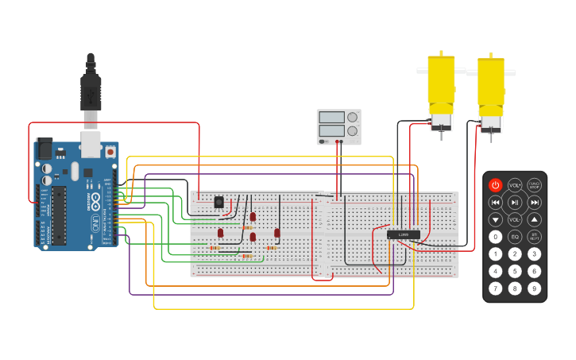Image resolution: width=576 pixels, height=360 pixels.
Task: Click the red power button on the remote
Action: tap(496, 185)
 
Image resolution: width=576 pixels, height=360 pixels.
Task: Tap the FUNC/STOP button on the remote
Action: tap(535, 185)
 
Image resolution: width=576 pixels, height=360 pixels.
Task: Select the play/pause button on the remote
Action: tap(515, 203)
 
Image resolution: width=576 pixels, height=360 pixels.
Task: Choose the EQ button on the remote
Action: tap(515, 237)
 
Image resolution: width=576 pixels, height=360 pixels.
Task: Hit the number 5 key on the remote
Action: tap(515, 271)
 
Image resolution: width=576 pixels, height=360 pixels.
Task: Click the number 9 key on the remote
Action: tap(535, 288)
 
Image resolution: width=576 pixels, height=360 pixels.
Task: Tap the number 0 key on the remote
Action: tap(496, 237)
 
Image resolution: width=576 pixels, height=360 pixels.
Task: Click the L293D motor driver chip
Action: tap(403, 234)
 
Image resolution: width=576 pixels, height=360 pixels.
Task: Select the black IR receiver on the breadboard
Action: tap(218, 203)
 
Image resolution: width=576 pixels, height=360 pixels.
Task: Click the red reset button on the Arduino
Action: tap(110, 151)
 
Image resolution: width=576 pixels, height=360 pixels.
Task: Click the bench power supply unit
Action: tap(338, 126)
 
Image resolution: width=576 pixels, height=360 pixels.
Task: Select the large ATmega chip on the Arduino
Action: tap(60, 215)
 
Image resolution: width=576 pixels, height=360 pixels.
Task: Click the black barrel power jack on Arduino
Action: tap(44, 148)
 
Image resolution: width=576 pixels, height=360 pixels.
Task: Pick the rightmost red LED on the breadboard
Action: tap(277, 233)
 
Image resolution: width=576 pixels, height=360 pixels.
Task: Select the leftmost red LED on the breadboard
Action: tap(221, 233)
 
